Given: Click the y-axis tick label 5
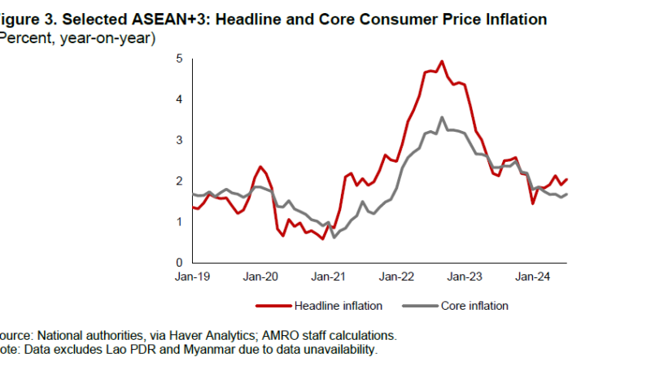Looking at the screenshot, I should click(x=179, y=59).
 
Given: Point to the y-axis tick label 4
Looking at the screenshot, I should click(x=179, y=99).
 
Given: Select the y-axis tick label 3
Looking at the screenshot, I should click(x=179, y=141).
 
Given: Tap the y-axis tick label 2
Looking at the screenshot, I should click(x=179, y=181).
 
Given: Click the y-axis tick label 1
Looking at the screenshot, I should click(x=179, y=222).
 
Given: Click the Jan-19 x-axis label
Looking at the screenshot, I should click(x=193, y=277).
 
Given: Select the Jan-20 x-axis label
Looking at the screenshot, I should click(x=260, y=277).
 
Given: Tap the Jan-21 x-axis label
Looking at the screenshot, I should click(x=328, y=277).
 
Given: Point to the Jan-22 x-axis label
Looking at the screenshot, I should click(x=396, y=277).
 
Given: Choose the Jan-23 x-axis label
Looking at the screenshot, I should click(x=465, y=277).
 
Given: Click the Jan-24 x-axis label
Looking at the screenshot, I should click(x=532, y=277).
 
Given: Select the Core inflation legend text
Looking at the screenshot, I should click(x=474, y=306).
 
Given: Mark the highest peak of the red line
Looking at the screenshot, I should click(x=442, y=61).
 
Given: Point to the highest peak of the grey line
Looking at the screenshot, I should click(x=442, y=117).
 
